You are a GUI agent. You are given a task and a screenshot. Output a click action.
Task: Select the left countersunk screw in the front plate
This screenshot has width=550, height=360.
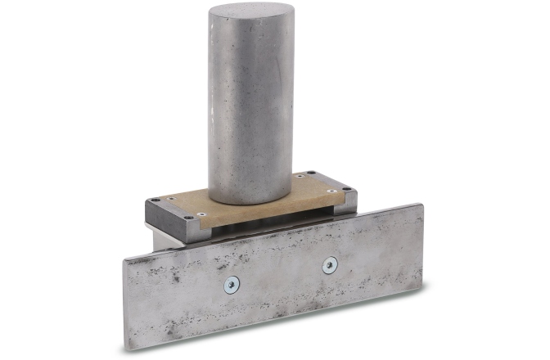pyautogui.click(x=232, y=285)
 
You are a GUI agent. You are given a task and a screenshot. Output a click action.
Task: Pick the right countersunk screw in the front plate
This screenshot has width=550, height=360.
pyautogui.click(x=330, y=264)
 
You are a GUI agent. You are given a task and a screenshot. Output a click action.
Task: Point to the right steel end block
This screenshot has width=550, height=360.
pyautogui.click(x=347, y=200)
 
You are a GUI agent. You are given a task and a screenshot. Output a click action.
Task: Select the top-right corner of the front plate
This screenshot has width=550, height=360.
pyautogui.click(x=422, y=205)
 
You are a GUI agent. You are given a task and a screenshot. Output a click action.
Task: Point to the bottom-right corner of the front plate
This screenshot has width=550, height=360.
pyautogui.click(x=422, y=289)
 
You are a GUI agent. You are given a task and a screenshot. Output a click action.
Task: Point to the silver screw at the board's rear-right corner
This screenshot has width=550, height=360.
pyautogui.click(x=300, y=176)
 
